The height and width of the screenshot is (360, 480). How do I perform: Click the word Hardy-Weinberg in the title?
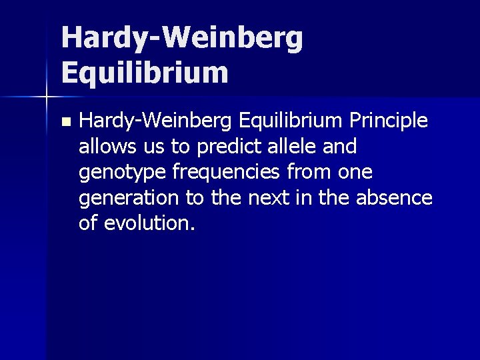[182, 38]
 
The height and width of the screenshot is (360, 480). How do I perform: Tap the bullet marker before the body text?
[64, 123]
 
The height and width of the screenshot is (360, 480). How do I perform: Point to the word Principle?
[391, 121]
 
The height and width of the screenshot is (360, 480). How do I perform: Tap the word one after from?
[355, 173]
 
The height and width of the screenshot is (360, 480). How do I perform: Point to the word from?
[311, 173]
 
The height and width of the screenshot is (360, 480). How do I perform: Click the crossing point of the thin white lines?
[46, 97]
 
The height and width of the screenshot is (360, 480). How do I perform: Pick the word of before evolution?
[87, 223]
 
